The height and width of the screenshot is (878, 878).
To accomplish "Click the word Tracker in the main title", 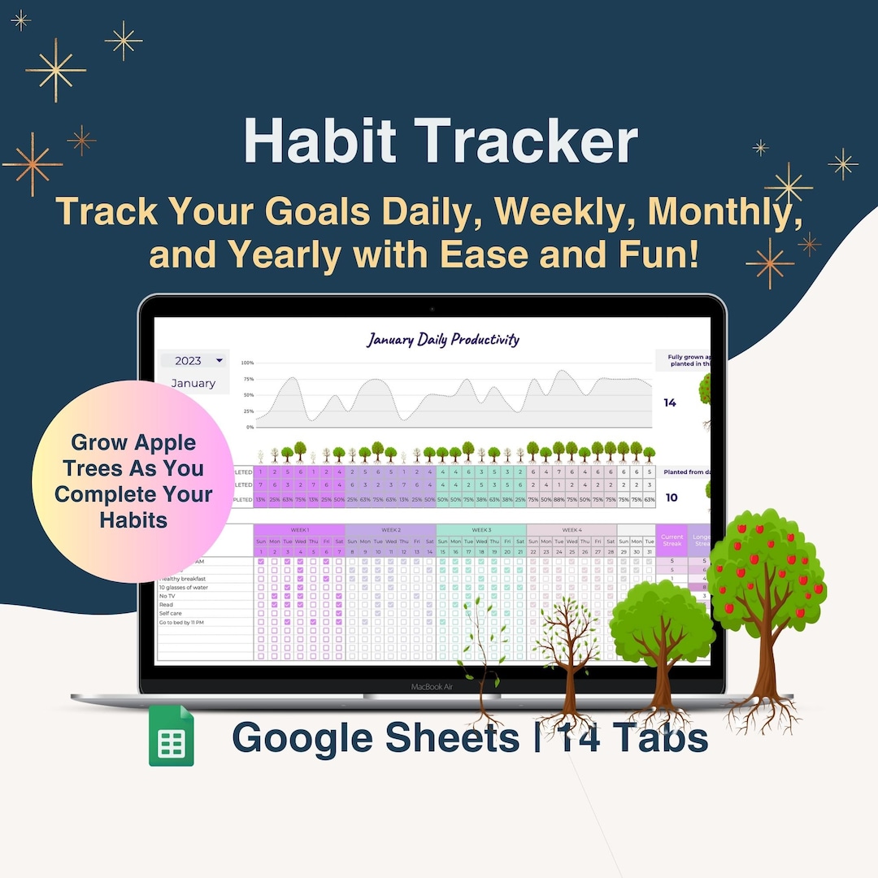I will pyautogui.click(x=528, y=142).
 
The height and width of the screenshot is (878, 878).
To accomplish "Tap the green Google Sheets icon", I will pyautogui.click(x=172, y=736).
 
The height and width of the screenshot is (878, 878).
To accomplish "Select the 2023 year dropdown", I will pyautogui.click(x=193, y=360).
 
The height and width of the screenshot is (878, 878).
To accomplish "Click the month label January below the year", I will pyautogui.click(x=193, y=383).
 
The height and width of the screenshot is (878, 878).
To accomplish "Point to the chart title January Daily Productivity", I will pyautogui.click(x=442, y=339).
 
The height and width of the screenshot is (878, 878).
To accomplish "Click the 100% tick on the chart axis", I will pyautogui.click(x=247, y=363).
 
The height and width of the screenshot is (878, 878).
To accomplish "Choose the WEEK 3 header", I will pyautogui.click(x=480, y=530).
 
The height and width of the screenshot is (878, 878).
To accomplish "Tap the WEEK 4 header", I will pyautogui.click(x=572, y=530).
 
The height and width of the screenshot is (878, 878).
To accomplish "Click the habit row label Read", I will pyautogui.click(x=166, y=605).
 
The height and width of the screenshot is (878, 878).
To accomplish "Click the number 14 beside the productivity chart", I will pyautogui.click(x=670, y=402).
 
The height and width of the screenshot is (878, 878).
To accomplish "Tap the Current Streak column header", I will pyautogui.click(x=672, y=539).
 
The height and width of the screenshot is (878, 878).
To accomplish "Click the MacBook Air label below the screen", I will pyautogui.click(x=431, y=687).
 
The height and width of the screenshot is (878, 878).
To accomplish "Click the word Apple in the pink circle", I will pyautogui.click(x=166, y=444).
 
